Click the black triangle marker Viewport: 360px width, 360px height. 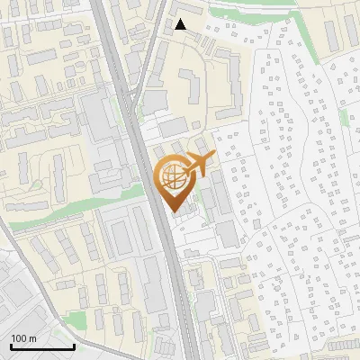click(x=181, y=24)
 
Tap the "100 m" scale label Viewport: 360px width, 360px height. click(x=23, y=337)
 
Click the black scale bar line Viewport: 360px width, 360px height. click(x=42, y=346)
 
